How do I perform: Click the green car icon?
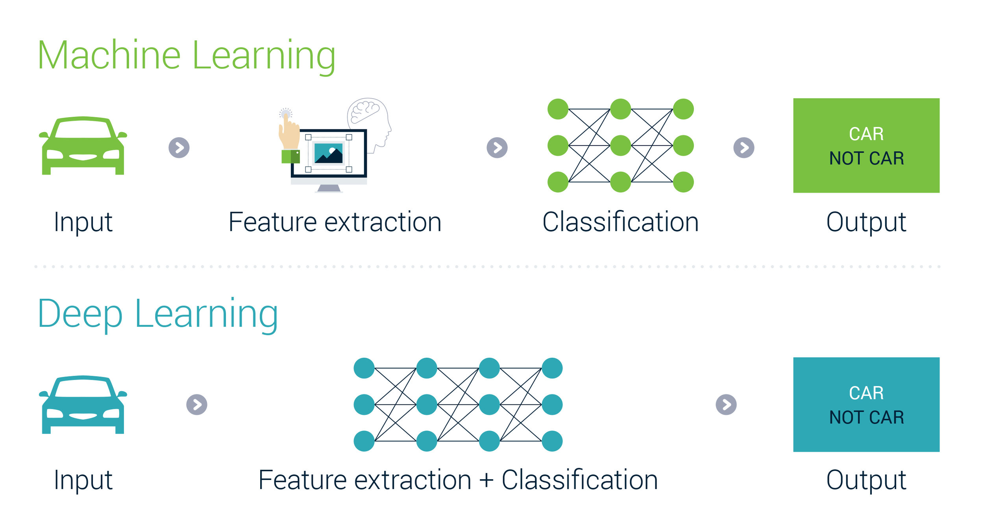pyautogui.click(x=83, y=146)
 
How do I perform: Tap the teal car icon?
pyautogui.click(x=83, y=405)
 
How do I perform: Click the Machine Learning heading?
pyautogui.click(x=186, y=56)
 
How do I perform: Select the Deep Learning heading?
pyautogui.click(x=158, y=314)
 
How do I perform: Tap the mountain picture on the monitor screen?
pyautogui.click(x=328, y=153)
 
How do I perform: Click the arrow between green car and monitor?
pyautogui.click(x=179, y=148)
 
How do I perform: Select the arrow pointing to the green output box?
pyautogui.click(x=744, y=148)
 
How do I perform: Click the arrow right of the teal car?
pyautogui.click(x=197, y=404)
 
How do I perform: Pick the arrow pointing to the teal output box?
pyautogui.click(x=726, y=404)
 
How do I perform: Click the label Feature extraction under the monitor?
pyautogui.click(x=335, y=222)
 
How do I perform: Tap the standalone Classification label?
pyautogui.click(x=620, y=222)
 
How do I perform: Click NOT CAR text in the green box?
pyautogui.click(x=866, y=158)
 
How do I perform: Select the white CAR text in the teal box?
pyautogui.click(x=866, y=393)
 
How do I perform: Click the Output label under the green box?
pyautogui.click(x=866, y=222)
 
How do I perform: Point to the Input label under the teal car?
pyautogui.click(x=83, y=480)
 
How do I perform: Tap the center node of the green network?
pyautogui.click(x=621, y=145)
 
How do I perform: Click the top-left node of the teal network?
pyautogui.click(x=364, y=368)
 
